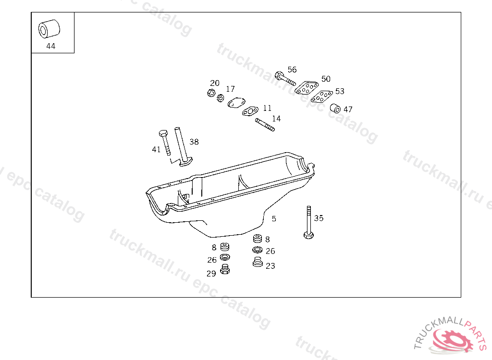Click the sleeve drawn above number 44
click(x=49, y=29)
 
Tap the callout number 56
click(x=292, y=70)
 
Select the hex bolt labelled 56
click(x=285, y=78)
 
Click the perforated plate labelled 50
click(x=306, y=87)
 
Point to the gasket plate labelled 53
click(x=321, y=96)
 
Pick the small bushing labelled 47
click(x=335, y=108)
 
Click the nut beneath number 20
click(x=211, y=93)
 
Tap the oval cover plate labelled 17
click(x=236, y=103)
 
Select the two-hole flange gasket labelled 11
click(x=250, y=111)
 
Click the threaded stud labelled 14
click(x=265, y=124)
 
